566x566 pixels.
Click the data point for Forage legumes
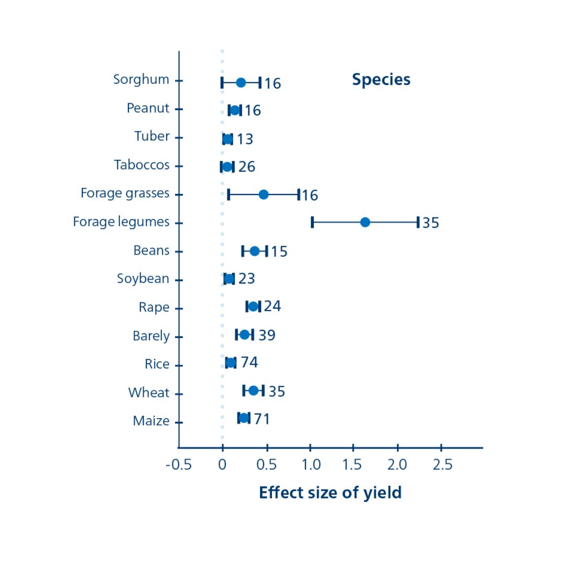(365, 222)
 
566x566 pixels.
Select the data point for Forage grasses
(264, 194)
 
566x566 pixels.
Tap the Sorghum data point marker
(241, 82)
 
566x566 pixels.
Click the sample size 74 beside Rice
(249, 363)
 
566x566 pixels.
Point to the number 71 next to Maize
(262, 419)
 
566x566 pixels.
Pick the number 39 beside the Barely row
(267, 335)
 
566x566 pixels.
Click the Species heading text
(381, 80)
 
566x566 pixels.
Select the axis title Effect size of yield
(330, 493)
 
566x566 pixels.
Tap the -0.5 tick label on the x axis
(179, 465)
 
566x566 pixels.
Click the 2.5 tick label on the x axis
(442, 465)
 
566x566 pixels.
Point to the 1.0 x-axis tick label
(311, 465)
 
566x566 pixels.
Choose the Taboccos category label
(142, 165)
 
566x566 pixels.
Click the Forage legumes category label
(121, 222)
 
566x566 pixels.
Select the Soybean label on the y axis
(143, 279)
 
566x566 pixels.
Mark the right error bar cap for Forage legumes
(418, 222)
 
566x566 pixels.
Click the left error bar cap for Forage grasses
(228, 194)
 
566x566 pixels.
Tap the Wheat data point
(254, 390)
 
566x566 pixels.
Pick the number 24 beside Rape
(273, 306)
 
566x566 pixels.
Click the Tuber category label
(152, 136)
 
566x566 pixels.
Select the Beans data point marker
(255, 251)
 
